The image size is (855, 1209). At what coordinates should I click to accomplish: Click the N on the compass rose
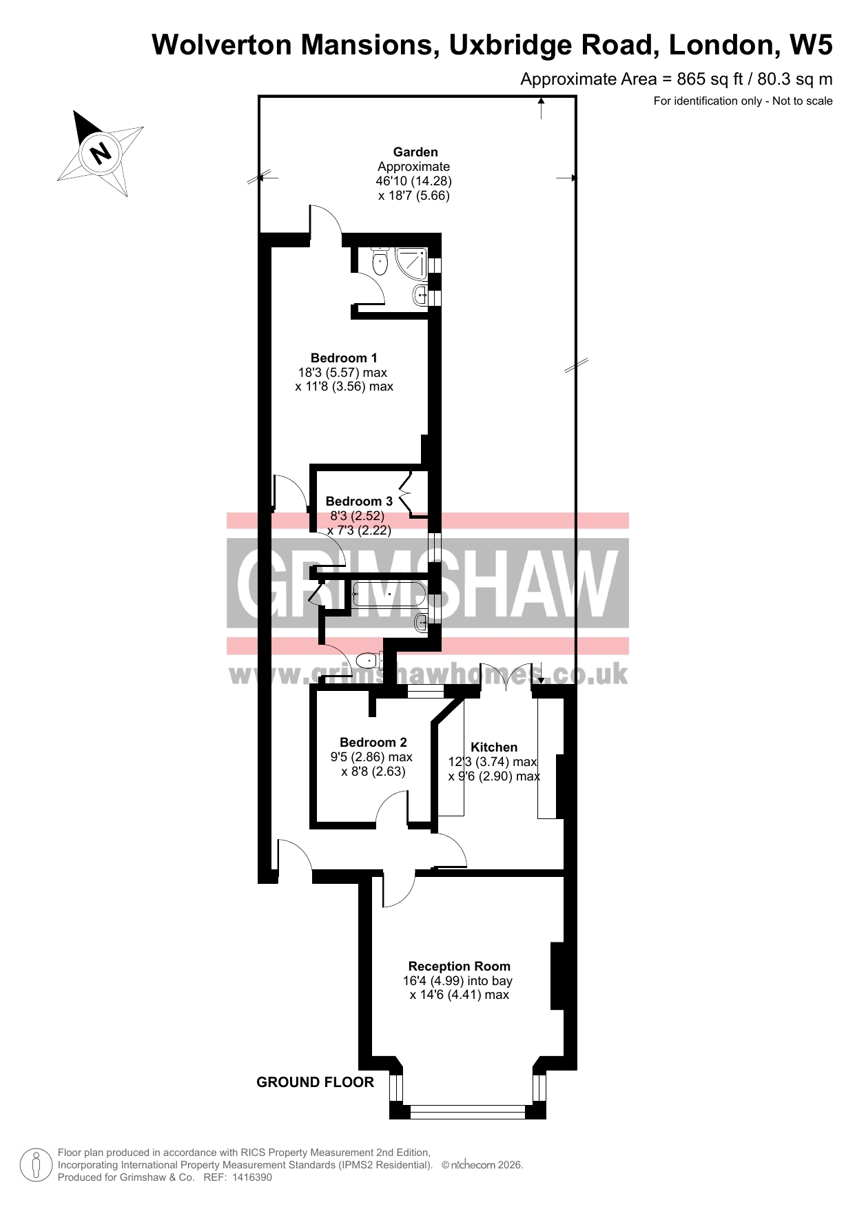[101, 152]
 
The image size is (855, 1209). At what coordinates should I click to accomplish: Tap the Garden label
[415, 152]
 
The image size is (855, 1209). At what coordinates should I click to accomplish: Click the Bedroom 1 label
[344, 358]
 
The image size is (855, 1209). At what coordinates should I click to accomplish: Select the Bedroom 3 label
[359, 502]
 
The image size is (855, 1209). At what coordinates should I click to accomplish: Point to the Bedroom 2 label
[373, 743]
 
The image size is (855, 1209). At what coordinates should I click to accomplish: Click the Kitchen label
[494, 747]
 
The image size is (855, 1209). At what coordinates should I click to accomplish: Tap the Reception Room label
[460, 967]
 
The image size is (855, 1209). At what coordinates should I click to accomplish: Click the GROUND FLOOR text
[315, 1082]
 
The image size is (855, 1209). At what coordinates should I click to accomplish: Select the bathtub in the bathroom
[389, 594]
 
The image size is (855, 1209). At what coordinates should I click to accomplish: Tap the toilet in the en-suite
[380, 261]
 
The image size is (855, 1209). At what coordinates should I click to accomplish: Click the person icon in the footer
[37, 1165]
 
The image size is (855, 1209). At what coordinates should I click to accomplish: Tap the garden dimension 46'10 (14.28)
[413, 181]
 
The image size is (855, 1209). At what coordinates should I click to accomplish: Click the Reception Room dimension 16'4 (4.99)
[433, 981]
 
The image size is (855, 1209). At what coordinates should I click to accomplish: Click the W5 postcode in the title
[811, 45]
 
